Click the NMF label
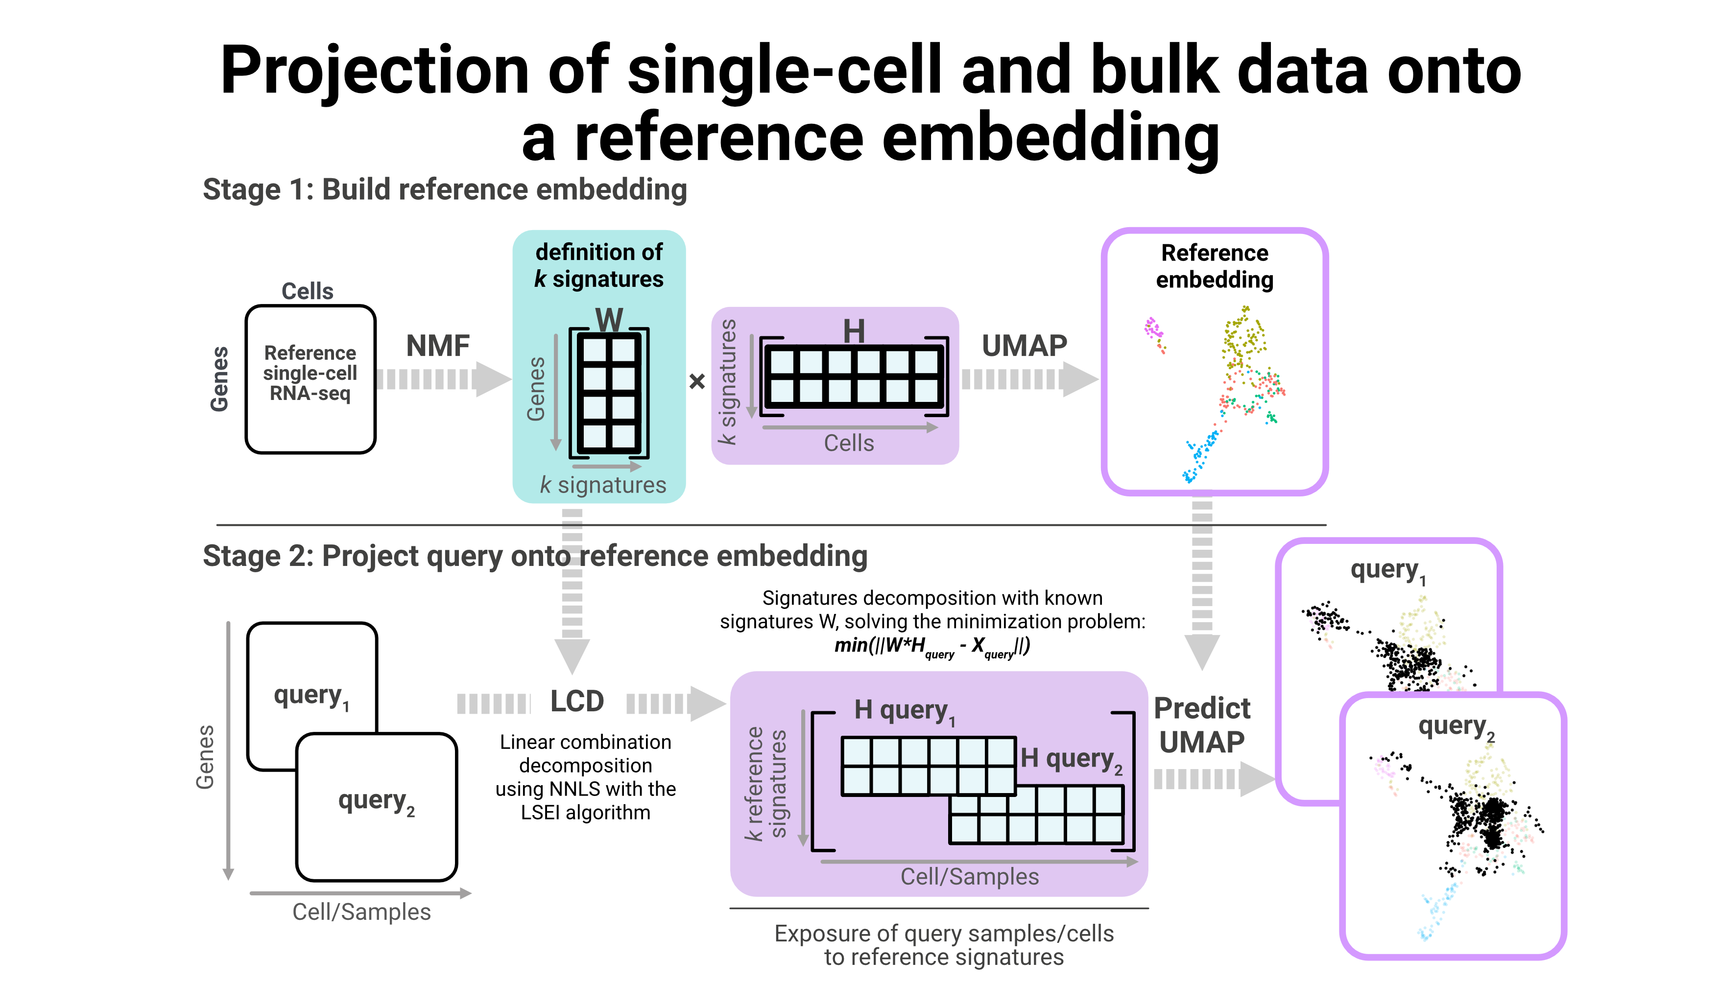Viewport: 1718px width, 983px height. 438,346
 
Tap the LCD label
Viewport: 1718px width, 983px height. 577,701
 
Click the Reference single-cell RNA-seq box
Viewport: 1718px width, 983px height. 310,379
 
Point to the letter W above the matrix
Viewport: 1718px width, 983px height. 609,319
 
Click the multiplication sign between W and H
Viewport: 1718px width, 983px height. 697,381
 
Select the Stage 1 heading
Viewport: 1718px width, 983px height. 445,190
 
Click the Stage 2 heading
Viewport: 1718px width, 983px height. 535,556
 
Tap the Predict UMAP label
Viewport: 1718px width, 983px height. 1202,725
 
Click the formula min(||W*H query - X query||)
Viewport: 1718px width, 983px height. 932,647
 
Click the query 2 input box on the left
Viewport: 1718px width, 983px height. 377,807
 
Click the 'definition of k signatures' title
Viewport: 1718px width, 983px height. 599,265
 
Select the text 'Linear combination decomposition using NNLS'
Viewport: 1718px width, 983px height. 586,766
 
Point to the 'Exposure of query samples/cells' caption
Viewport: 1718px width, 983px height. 944,933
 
